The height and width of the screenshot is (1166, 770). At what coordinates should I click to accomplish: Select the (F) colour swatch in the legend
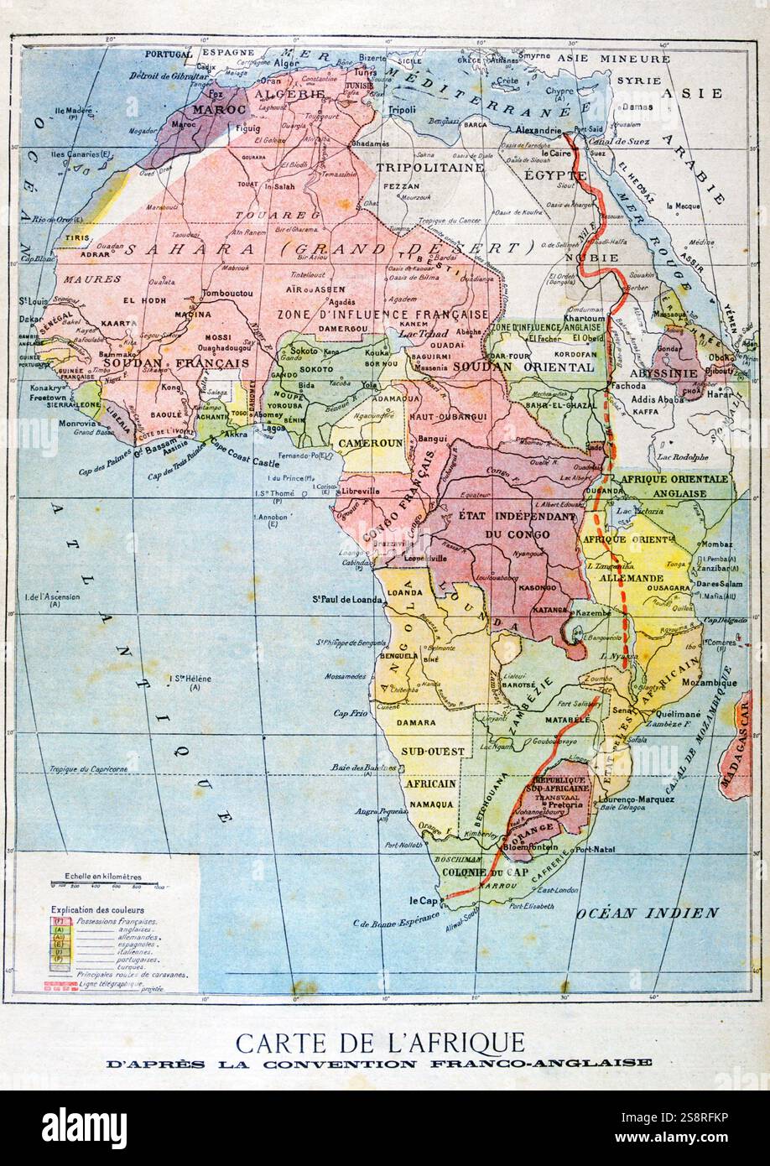[60, 920]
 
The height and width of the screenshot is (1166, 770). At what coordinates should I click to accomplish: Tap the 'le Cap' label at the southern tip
[425, 901]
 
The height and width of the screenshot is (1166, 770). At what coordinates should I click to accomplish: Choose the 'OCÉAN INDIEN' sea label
[647, 913]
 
